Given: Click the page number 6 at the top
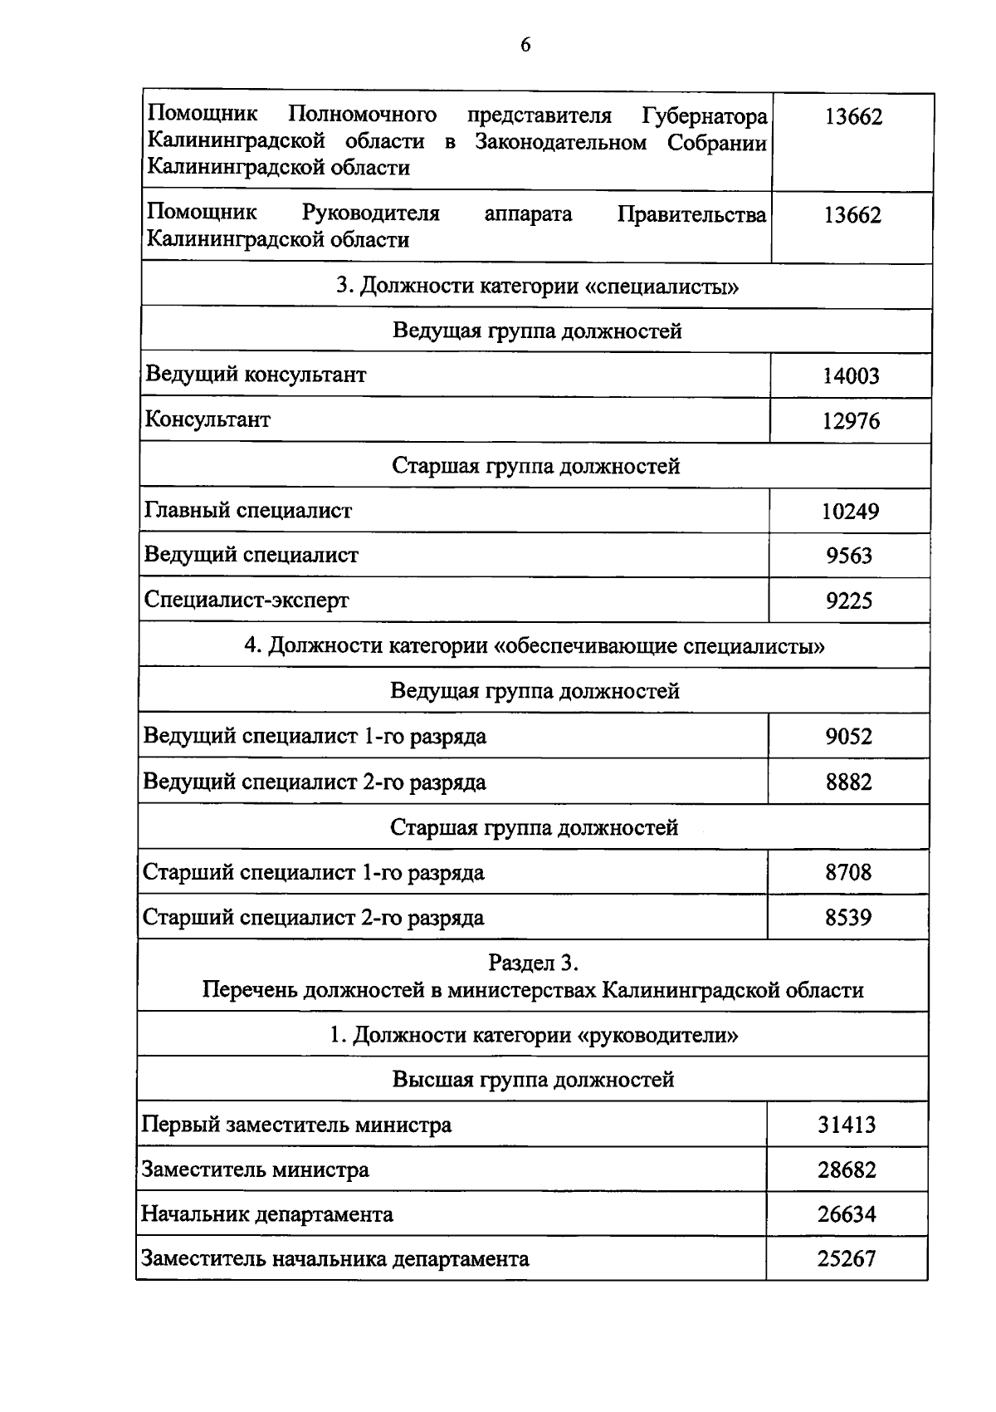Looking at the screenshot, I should [525, 45].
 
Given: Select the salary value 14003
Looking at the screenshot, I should [851, 376].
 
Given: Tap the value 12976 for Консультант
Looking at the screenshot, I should [851, 421].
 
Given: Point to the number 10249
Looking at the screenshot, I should [850, 511].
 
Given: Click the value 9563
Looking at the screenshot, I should [849, 556].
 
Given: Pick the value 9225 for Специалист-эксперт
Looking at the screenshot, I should [849, 601].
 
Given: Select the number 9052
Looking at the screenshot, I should [849, 737].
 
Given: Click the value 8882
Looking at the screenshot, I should [849, 782].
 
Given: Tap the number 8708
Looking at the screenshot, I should [848, 872].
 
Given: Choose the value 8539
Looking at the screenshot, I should [848, 918].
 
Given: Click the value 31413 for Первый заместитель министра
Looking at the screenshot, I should [847, 1125].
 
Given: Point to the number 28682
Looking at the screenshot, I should [847, 1170].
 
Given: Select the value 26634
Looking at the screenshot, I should [847, 1215].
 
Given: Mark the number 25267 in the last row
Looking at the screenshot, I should [847, 1259].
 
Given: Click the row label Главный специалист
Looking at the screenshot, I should [248, 510].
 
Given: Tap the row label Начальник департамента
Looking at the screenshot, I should [267, 1214].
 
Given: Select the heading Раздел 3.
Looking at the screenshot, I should [533, 963].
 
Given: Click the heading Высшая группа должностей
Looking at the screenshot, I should [533, 1080].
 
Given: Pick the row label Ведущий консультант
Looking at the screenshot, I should [256, 375].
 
